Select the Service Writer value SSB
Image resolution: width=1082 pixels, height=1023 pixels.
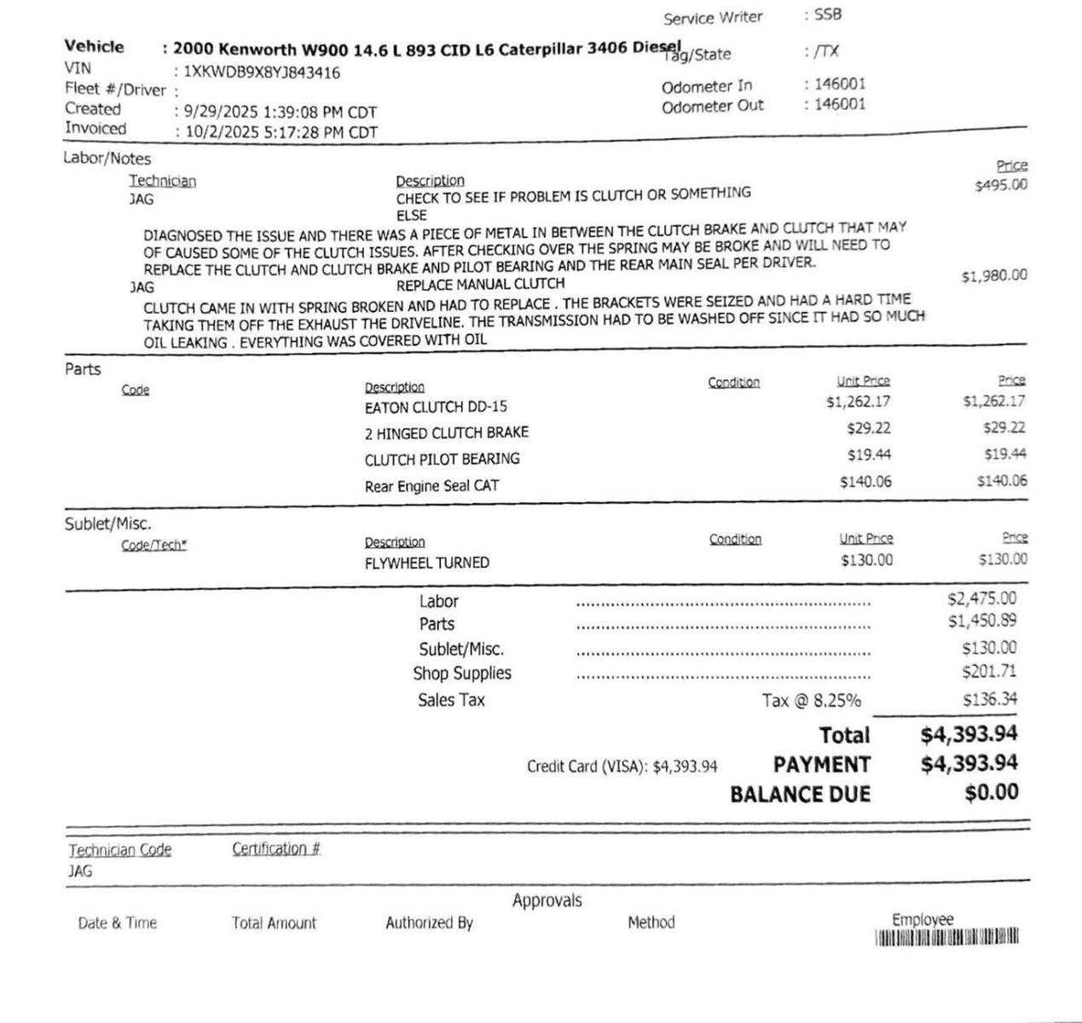point(828,14)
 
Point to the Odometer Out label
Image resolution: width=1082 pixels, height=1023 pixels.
point(712,107)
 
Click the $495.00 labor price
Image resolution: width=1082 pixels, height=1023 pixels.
point(1001,185)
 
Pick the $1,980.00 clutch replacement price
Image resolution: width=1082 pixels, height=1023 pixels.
point(994,276)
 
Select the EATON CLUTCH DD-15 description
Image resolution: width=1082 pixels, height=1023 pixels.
point(436,407)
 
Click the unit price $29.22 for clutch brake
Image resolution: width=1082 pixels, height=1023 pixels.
point(869,428)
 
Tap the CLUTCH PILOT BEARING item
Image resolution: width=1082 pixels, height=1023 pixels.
point(442,459)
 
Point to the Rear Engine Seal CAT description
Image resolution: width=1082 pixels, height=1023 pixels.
point(431,486)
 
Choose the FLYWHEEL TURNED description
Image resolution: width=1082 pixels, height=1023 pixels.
point(426,563)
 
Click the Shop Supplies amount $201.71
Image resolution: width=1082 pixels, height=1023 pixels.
point(989,672)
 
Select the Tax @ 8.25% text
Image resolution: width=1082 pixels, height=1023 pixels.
point(811,701)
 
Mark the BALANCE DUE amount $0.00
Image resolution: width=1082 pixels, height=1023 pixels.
point(992,792)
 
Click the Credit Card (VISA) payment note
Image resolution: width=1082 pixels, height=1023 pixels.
point(622,766)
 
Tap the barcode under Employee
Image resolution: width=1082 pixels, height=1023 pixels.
point(946,938)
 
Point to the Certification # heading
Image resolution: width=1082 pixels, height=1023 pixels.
point(276,849)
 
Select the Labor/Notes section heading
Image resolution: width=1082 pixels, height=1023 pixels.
point(107,159)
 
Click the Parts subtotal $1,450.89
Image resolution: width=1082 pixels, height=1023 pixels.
point(981,621)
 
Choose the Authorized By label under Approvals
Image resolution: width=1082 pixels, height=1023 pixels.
point(429,922)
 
